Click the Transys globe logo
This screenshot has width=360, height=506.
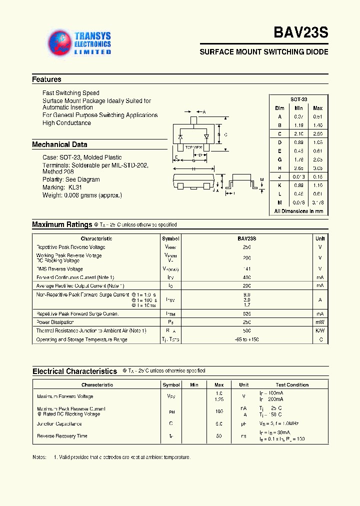coord(60,43)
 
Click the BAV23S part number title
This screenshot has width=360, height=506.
coord(300,33)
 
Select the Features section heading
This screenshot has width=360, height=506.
coord(46,79)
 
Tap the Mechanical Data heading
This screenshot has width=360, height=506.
coord(59,144)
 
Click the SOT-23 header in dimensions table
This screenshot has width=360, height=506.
coord(298,99)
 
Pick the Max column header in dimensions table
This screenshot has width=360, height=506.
coord(317,108)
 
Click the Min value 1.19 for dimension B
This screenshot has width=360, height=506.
coord(298,125)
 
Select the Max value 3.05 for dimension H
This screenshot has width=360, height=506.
coord(317,168)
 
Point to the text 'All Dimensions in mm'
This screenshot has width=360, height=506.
coord(298,211)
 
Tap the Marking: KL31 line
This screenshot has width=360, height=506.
coord(61,187)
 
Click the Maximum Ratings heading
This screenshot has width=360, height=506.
coord(62,225)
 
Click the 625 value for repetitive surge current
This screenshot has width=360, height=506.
coord(246,313)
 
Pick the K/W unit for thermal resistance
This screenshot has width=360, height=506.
coord(319,331)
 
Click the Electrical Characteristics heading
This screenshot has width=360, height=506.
coord(74,371)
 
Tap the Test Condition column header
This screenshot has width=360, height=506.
coord(292,385)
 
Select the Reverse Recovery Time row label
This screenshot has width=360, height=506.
coord(62,436)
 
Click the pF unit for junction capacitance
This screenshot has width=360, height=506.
coord(243,424)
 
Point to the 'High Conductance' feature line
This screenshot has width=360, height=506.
coord(66,123)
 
